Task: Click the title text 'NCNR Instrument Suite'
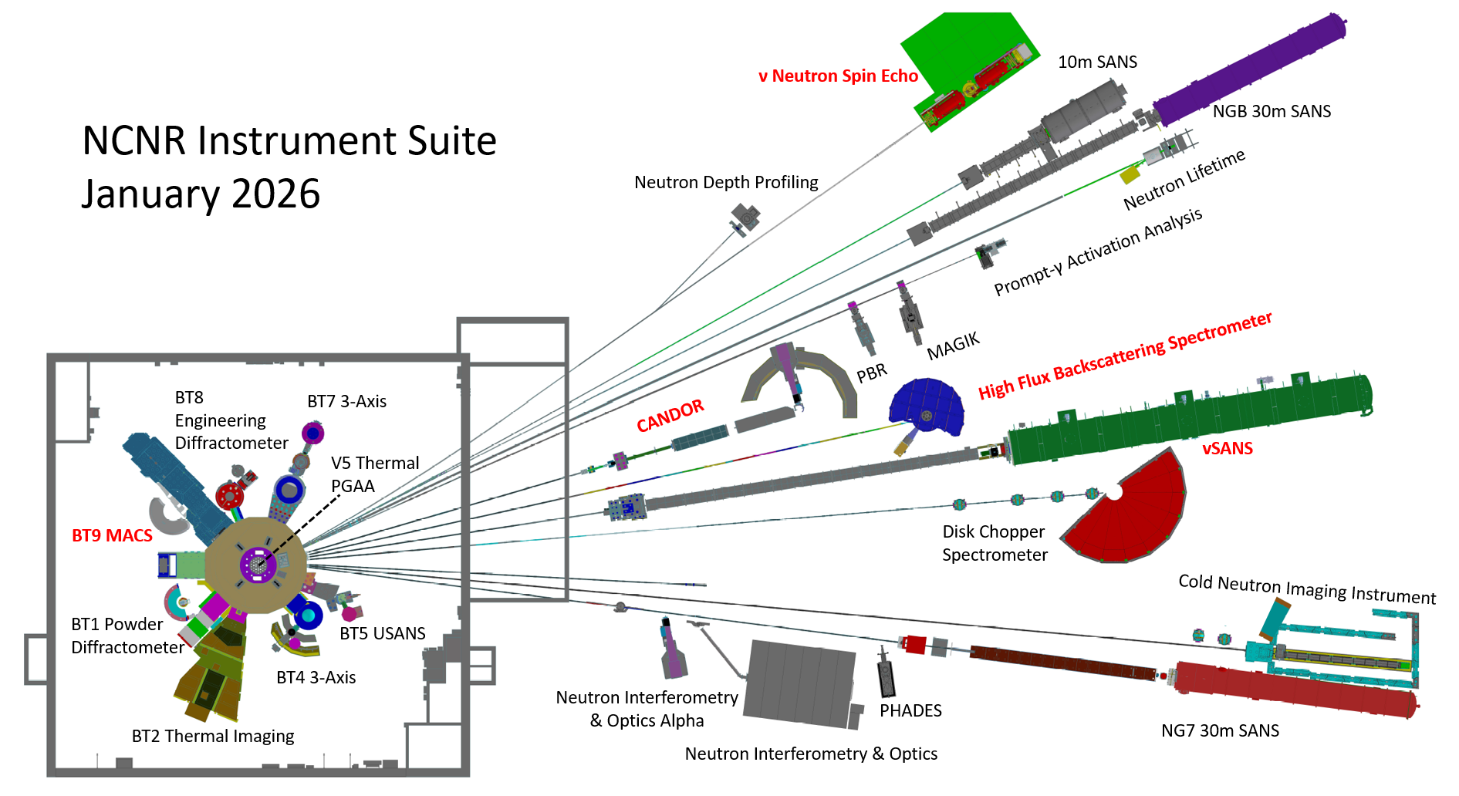[x=289, y=141]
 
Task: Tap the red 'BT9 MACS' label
[x=112, y=535]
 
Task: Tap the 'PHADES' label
[x=910, y=710]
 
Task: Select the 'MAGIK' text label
[x=953, y=346]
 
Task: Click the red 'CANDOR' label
[x=670, y=416]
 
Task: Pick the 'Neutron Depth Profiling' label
[x=726, y=182]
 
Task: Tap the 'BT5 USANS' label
[x=383, y=633]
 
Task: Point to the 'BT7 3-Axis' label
[x=346, y=401]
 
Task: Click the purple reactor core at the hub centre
[x=255, y=565]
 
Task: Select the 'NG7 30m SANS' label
[x=1220, y=730]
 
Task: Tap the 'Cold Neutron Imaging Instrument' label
[x=1307, y=589]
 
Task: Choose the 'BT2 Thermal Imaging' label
[x=213, y=736]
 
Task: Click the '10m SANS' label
[x=1097, y=62]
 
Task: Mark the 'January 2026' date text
[x=201, y=194]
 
